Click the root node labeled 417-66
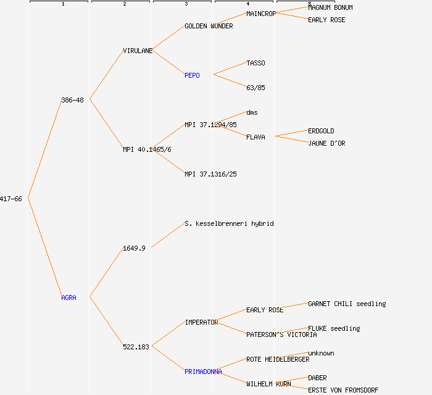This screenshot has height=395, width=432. click(11, 199)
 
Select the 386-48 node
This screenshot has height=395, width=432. click(72, 100)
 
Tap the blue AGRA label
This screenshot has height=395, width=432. click(69, 297)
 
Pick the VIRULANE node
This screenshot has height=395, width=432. click(138, 51)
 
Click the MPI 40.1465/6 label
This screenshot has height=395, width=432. click(147, 149)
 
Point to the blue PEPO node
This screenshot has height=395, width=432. click(192, 75)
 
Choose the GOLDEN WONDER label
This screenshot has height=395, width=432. click(209, 26)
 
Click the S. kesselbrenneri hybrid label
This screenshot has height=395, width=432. click(228, 223)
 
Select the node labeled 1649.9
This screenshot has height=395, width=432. click(134, 248)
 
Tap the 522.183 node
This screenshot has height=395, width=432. click(136, 347)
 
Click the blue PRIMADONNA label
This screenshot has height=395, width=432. click(203, 372)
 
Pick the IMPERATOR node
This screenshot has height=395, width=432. click(201, 322)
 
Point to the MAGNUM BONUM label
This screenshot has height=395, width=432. click(330, 7)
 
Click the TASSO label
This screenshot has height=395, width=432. click(255, 63)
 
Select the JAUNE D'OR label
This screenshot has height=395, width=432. click(326, 143)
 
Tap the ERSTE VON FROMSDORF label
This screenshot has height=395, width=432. click(343, 390)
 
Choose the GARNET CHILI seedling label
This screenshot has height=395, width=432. click(347, 304)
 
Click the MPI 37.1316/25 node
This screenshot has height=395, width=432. click(210, 174)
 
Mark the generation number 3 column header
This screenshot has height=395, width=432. click(186, 4)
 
